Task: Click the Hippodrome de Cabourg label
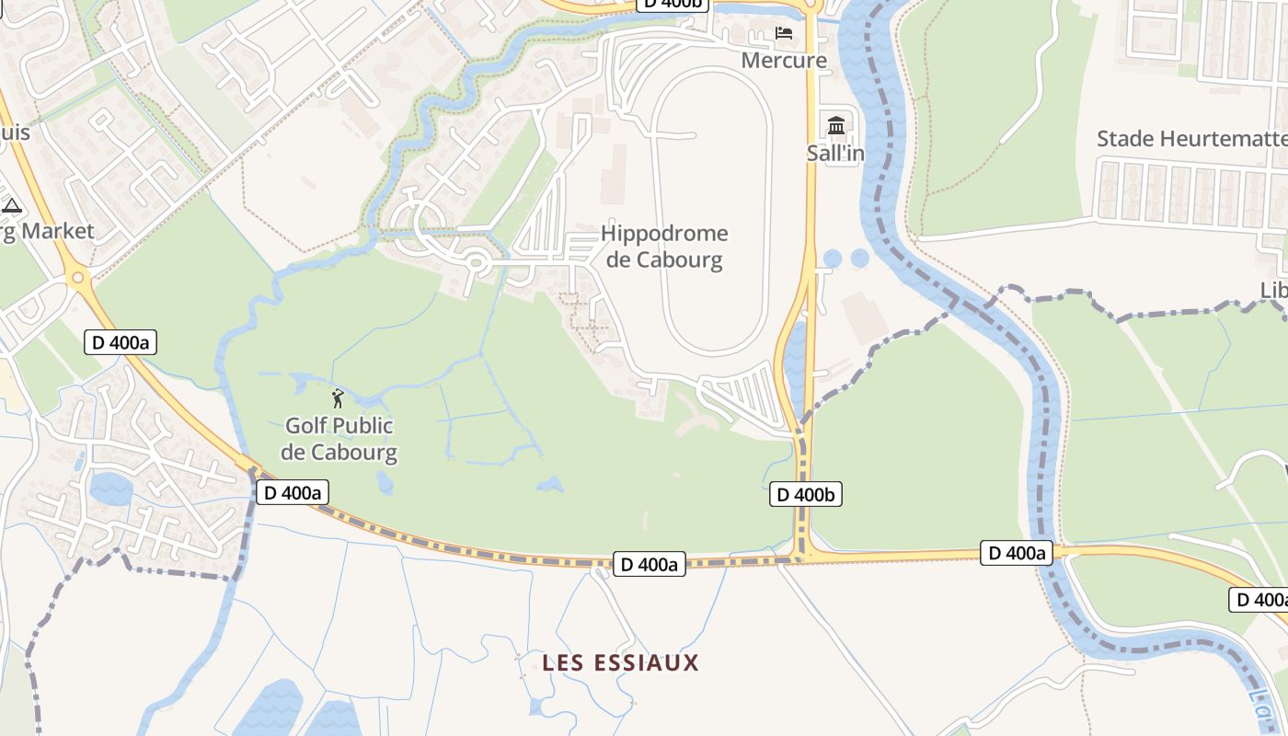(x=664, y=247)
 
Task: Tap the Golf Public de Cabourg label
(x=339, y=439)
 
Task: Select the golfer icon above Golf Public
(x=338, y=398)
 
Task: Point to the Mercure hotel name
(x=784, y=61)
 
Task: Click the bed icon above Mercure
(x=784, y=34)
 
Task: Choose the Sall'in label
(x=835, y=153)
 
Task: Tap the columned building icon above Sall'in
(x=836, y=126)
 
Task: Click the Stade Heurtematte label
(x=1191, y=139)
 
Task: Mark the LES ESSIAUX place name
(x=620, y=662)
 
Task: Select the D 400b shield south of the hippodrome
(x=806, y=494)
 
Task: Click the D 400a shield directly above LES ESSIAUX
(x=650, y=564)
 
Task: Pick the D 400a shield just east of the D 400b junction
(x=1017, y=553)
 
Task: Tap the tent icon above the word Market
(x=12, y=205)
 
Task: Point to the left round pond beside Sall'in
(x=833, y=259)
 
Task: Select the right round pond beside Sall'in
(x=860, y=259)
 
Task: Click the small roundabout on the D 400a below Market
(x=78, y=276)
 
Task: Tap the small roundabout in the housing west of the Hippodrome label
(x=475, y=262)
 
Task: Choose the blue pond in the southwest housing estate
(x=110, y=488)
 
